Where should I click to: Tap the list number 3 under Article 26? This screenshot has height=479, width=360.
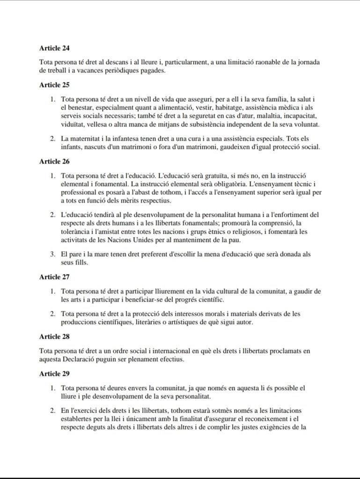[x=53, y=254]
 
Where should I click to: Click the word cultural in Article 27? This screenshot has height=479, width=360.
[x=206, y=291]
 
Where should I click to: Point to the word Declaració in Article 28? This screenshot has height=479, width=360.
[x=83, y=359]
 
